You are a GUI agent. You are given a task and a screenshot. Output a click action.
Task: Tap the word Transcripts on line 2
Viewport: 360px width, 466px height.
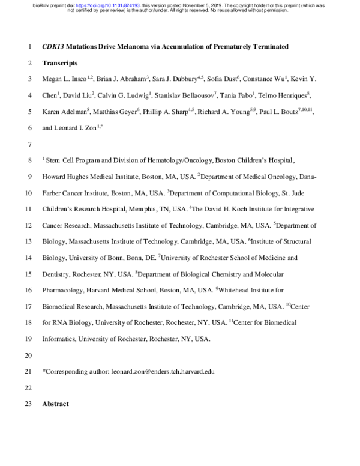coord(60,62)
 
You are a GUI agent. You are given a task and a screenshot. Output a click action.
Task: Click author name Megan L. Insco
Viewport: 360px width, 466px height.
coord(63,79)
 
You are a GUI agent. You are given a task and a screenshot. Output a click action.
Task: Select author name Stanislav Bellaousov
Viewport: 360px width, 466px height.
coord(184,95)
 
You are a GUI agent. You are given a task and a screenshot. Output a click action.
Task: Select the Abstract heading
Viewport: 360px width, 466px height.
coord(56,404)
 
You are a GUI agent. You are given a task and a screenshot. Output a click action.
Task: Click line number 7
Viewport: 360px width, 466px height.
coord(30,144)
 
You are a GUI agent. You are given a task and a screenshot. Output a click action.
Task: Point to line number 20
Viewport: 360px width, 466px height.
coord(29,355)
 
